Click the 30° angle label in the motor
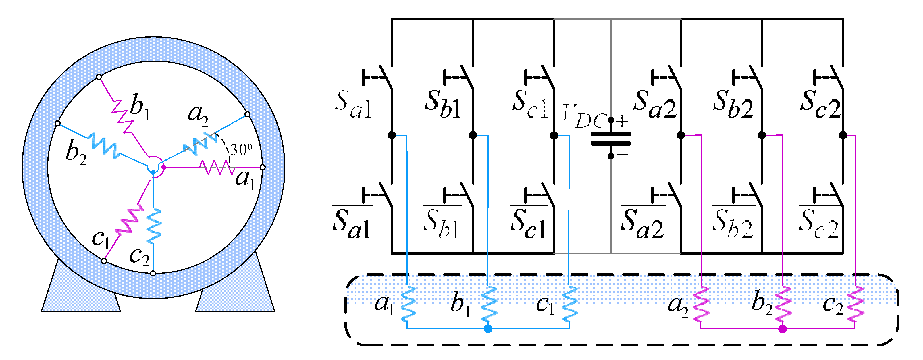(241, 149)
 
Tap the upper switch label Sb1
(443, 104)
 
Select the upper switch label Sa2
(655, 104)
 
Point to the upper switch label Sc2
(820, 104)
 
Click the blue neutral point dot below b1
(488, 329)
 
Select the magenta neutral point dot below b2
(783, 329)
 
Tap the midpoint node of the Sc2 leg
(843, 135)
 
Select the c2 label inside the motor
(139, 257)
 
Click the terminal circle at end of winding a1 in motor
(263, 167)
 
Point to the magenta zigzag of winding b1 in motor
(122, 114)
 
